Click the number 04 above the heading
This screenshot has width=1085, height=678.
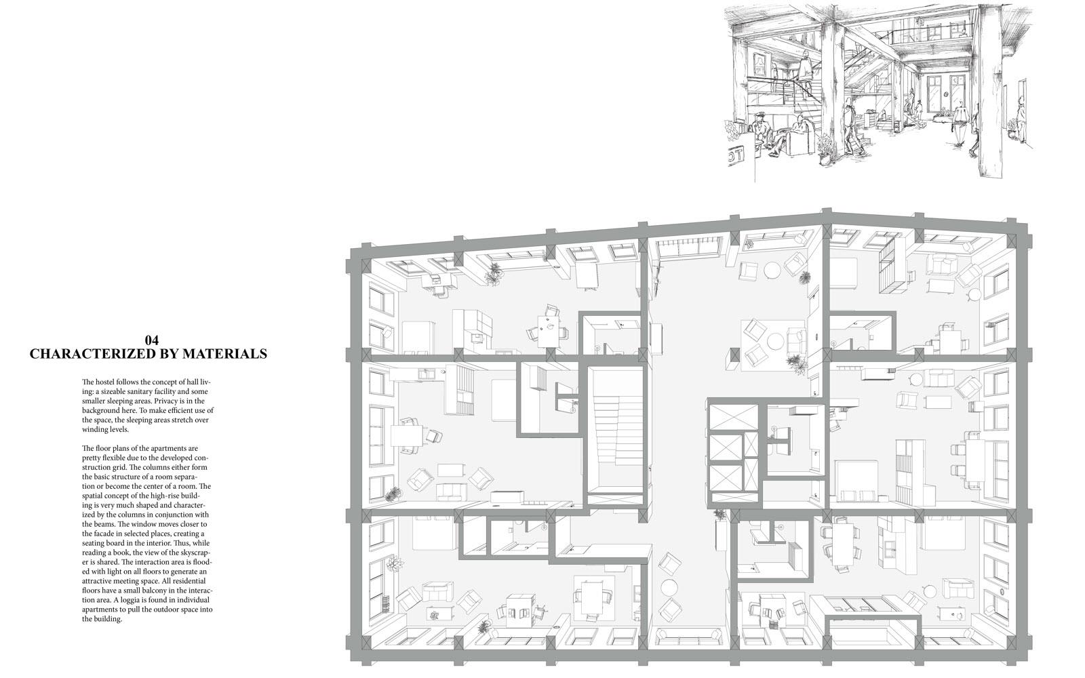click(152, 340)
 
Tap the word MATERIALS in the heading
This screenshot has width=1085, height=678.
click(226, 354)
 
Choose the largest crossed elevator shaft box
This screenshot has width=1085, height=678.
click(733, 416)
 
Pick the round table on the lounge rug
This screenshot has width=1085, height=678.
click(774, 341)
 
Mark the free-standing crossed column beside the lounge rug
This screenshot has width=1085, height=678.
click(732, 360)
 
